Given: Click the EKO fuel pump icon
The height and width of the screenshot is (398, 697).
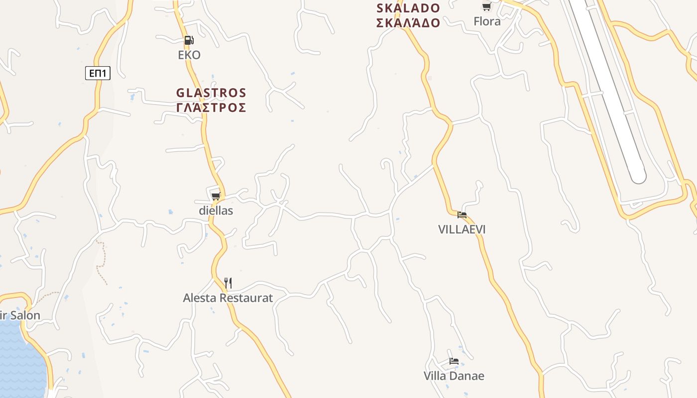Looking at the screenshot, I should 189,40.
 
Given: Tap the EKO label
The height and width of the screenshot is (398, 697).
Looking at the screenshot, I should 189,55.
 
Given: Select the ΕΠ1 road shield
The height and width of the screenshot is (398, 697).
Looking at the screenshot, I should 98,74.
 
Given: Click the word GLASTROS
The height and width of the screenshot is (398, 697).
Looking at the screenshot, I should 211,93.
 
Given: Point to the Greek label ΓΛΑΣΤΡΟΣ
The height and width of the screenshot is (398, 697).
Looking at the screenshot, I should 211,107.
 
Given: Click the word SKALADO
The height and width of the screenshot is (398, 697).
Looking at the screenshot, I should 408,8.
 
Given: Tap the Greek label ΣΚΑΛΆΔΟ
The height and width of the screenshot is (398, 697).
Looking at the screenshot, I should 408,22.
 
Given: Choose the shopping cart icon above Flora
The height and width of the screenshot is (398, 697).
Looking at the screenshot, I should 486,7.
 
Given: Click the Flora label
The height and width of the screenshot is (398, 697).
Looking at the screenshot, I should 487,21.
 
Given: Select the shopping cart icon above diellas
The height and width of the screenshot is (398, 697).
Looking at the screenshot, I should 216,196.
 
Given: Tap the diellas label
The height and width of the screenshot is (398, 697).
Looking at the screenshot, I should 216,210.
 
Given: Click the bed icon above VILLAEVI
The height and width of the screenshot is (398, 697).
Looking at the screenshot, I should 462,215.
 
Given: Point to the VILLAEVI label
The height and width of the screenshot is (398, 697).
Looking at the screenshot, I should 462,229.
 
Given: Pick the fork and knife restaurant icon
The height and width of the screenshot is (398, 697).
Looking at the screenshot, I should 228,283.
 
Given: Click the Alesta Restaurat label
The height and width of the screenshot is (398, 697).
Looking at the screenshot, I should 228,298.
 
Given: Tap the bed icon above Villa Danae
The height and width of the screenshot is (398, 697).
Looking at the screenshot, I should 454,361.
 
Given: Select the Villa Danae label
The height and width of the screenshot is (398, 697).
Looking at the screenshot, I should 454,376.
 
